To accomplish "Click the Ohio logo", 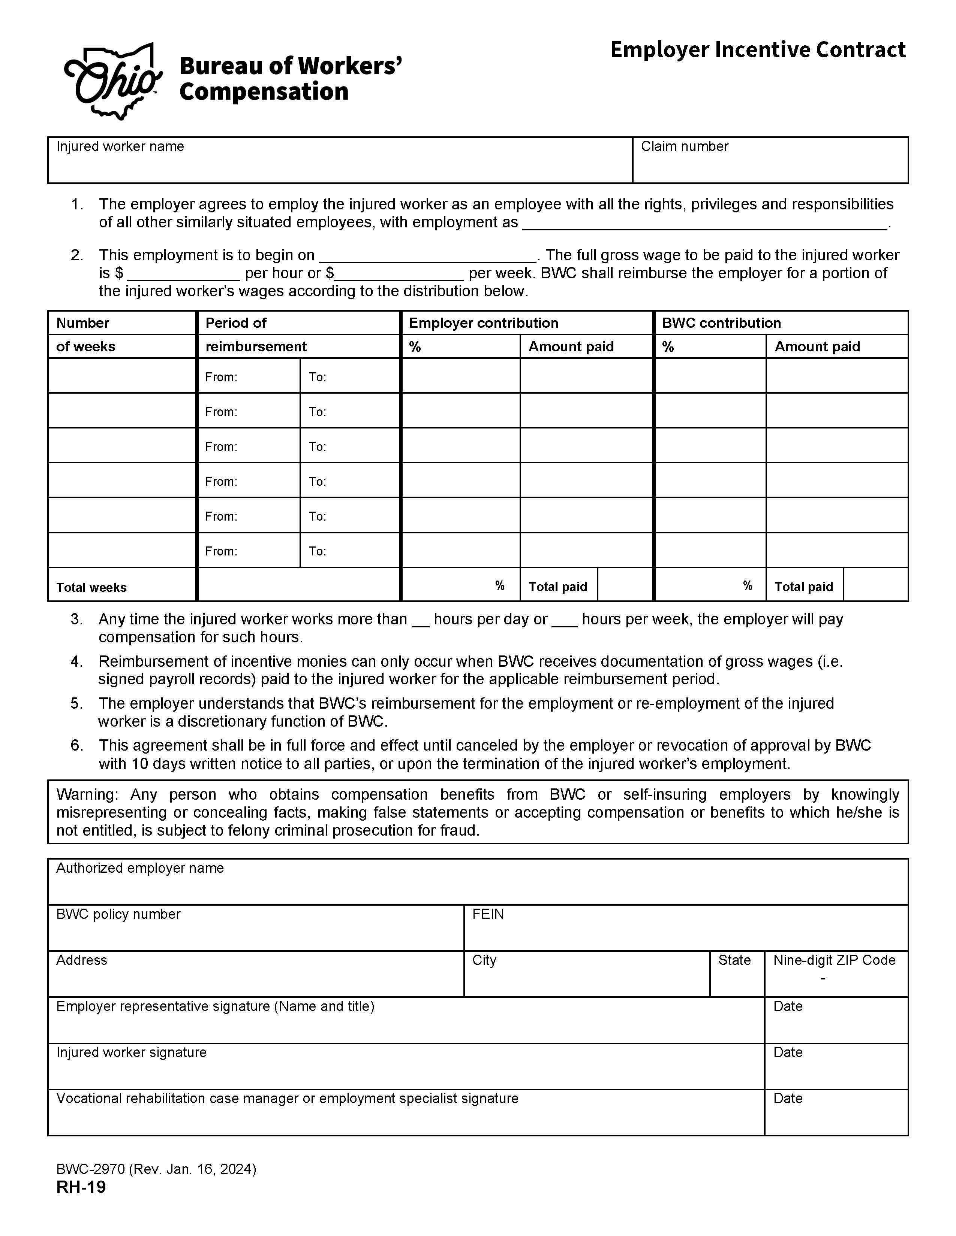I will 113,81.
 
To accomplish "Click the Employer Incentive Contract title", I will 757,50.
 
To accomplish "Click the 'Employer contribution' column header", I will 483,323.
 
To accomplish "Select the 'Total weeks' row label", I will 91,587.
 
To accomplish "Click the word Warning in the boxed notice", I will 86,794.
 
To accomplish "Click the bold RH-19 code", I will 81,1187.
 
